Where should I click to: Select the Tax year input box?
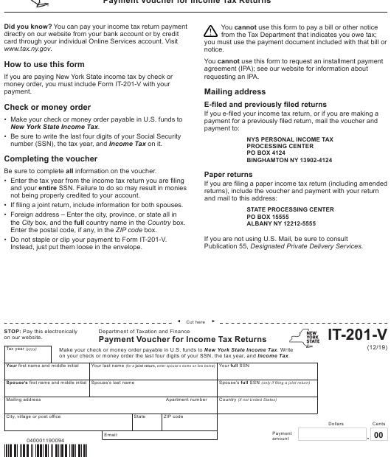[x=27, y=355]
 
